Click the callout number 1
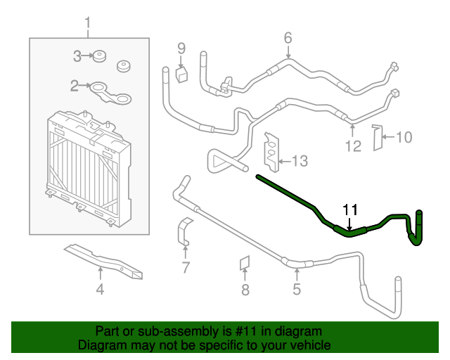point(88,26)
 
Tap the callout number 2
point(75,86)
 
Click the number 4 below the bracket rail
point(100,289)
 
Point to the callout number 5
point(297,288)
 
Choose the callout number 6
point(288,37)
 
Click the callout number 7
point(186,267)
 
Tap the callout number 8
point(245,289)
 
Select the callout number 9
point(181,48)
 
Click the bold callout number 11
point(350,210)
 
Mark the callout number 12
point(353,146)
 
